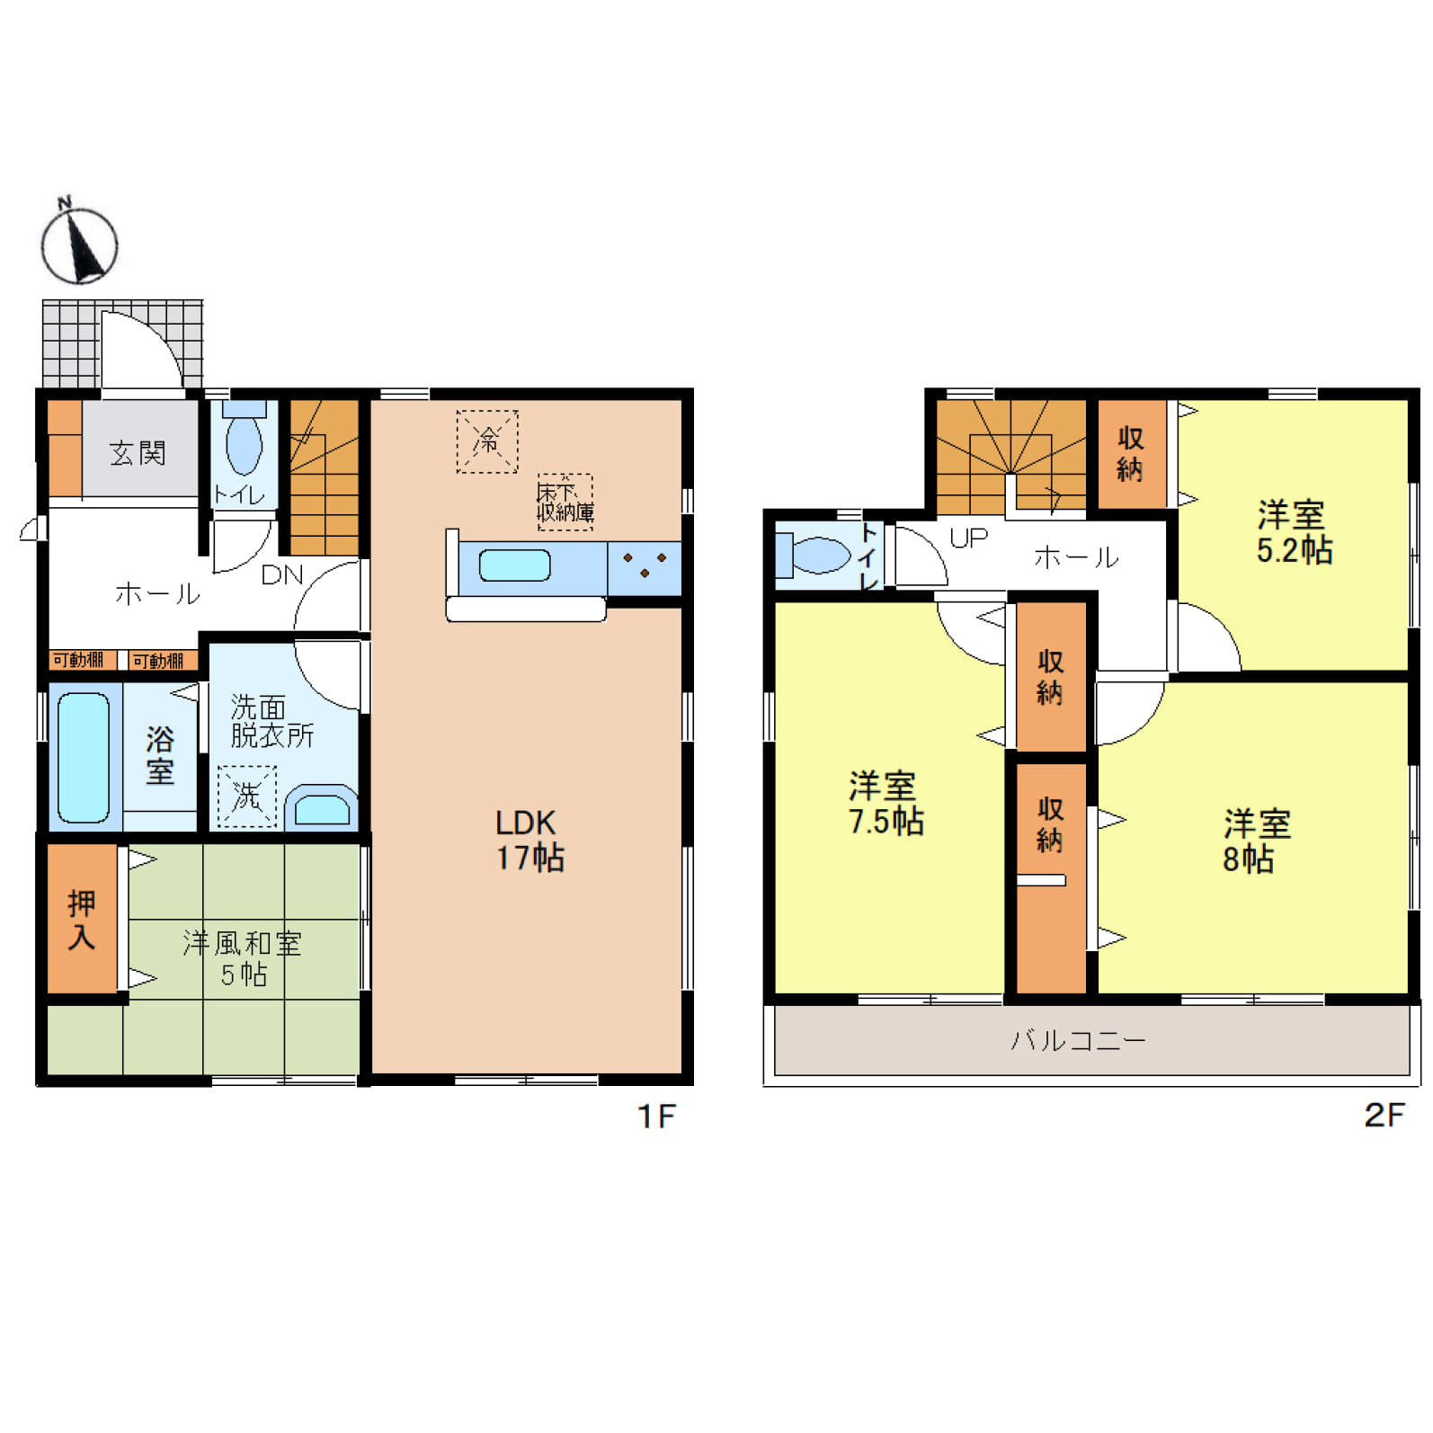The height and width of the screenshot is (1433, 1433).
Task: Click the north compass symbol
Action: pyautogui.click(x=79, y=243)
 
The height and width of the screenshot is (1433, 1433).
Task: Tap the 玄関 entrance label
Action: pyautogui.click(x=138, y=453)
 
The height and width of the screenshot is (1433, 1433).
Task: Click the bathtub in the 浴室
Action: pyautogui.click(x=84, y=757)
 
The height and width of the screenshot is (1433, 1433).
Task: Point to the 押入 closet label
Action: pyautogui.click(x=81, y=920)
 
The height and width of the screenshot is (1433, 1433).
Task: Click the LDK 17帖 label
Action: pyautogui.click(x=530, y=840)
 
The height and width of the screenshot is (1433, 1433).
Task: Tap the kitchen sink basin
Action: pyautogui.click(x=514, y=565)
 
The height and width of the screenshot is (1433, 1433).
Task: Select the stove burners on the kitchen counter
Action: pyautogui.click(x=645, y=565)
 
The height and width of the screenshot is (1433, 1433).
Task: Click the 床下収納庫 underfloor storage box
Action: pyautogui.click(x=565, y=502)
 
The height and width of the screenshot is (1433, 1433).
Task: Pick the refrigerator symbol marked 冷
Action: pyautogui.click(x=487, y=441)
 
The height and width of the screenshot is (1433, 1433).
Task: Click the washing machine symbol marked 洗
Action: pyautogui.click(x=246, y=796)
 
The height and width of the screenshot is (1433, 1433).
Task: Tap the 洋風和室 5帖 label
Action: pyautogui.click(x=243, y=958)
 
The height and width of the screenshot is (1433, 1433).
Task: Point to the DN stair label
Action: pyautogui.click(x=282, y=575)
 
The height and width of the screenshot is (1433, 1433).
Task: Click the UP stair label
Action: pyautogui.click(x=968, y=538)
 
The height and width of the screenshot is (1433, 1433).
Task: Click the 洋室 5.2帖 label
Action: pyautogui.click(x=1294, y=532)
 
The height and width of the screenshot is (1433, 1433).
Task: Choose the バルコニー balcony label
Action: pyautogui.click(x=1078, y=1041)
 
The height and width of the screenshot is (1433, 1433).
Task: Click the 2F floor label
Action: pyautogui.click(x=1384, y=1115)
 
